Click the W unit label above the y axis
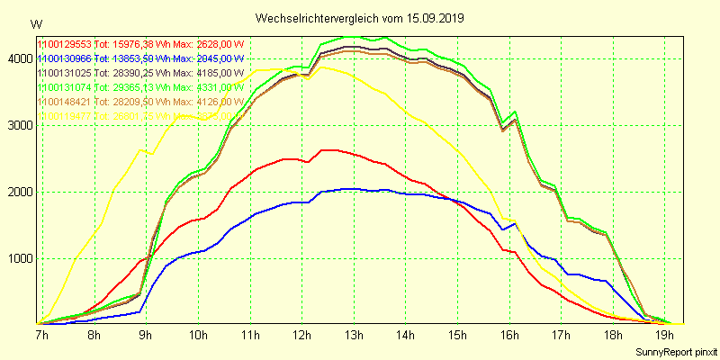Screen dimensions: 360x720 pyautogui.click(x=35, y=23)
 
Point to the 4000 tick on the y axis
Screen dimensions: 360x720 pyautogui.click(x=18, y=58)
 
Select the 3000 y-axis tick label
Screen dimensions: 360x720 pyautogui.click(x=18, y=125)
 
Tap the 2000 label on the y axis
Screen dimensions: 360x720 pyautogui.click(x=18, y=192)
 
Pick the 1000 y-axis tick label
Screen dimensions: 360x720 pyautogui.click(x=18, y=258)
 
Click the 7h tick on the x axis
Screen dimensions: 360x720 pyautogui.click(x=40, y=336)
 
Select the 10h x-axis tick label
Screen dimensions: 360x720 pyautogui.click(x=198, y=336)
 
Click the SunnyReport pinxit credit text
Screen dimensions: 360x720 pyautogui.click(x=674, y=350)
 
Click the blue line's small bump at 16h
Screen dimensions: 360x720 pyautogui.click(x=514, y=223)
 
